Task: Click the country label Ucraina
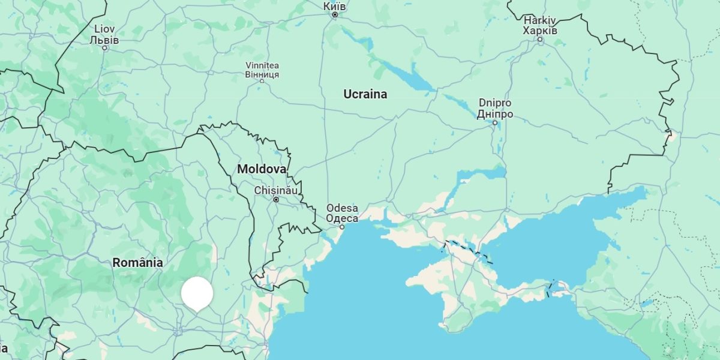(365, 94)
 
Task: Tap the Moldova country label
(262, 169)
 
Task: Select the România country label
(137, 262)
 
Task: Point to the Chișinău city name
(276, 190)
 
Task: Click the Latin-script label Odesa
(342, 208)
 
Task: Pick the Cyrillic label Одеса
(342, 218)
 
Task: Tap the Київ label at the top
(334, 5)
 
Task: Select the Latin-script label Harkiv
(540, 20)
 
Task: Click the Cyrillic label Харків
(540, 31)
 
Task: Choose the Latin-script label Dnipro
(495, 103)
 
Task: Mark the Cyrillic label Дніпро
(495, 114)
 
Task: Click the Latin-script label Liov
(104, 29)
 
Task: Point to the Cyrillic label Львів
(104, 40)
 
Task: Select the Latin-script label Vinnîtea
(262, 65)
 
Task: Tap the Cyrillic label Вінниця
(262, 74)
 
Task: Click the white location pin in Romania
(197, 293)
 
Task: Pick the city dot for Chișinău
(276, 199)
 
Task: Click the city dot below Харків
(540, 40)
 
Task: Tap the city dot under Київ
(335, 15)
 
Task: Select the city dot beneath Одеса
(342, 227)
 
